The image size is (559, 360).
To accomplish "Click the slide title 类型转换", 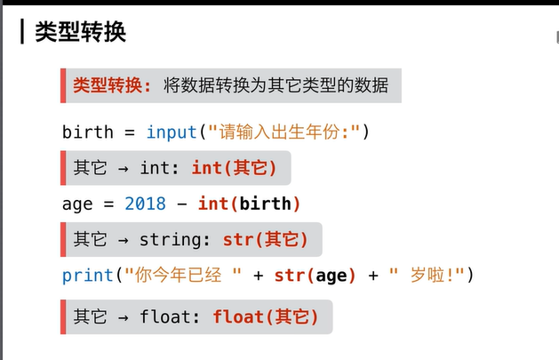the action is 81,32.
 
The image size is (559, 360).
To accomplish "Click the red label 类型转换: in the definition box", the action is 112,85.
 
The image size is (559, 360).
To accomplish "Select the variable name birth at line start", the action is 88,132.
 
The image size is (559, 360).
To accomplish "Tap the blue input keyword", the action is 172,132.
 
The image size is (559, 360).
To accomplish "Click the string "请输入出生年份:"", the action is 284,132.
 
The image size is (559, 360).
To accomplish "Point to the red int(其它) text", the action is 234,168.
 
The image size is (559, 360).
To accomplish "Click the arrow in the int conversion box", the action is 124,169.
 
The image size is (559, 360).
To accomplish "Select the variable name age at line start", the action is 77,204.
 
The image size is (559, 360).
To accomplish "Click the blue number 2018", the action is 145,204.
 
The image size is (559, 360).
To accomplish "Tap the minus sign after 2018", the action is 182,204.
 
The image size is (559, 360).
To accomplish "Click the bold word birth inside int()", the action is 265,204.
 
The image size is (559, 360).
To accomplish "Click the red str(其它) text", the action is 265,239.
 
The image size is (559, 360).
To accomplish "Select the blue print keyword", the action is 88,276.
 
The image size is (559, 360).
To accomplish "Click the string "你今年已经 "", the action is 183,275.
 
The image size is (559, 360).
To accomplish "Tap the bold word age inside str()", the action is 331,276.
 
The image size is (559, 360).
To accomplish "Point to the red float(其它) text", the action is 265,316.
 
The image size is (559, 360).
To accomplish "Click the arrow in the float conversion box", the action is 124,317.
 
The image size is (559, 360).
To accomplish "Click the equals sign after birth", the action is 130,132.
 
